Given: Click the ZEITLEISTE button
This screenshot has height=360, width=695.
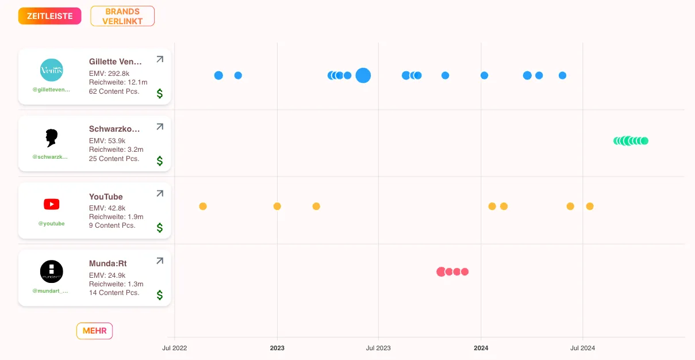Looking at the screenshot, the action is [x=49, y=16].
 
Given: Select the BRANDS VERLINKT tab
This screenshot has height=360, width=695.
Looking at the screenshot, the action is [x=122, y=16].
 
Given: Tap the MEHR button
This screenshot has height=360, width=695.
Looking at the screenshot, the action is [x=95, y=331].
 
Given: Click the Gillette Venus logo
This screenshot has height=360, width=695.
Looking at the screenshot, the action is [x=52, y=70].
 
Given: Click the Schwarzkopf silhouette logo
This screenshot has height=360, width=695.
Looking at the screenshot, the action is [x=52, y=137].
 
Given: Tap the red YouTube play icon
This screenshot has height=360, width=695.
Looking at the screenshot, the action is [x=52, y=204].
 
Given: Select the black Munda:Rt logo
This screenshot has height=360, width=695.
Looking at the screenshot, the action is [x=52, y=271].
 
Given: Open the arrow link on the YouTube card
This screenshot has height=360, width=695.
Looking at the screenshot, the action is [x=160, y=194].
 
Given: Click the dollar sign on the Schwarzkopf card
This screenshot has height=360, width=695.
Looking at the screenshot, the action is [x=160, y=161].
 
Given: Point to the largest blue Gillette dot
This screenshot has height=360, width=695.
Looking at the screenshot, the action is [x=363, y=75].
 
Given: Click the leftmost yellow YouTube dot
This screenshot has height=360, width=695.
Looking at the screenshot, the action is [x=203, y=206].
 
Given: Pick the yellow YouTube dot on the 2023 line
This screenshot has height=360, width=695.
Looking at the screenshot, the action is [x=277, y=206].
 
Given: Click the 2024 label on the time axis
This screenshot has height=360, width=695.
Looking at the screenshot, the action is [x=481, y=348].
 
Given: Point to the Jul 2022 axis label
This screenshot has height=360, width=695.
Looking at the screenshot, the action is [x=174, y=348].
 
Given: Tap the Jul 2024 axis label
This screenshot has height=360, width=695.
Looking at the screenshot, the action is [x=582, y=348].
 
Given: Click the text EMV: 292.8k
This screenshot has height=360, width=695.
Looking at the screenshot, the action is [x=109, y=74].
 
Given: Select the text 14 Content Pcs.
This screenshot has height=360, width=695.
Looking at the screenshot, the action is [x=114, y=293].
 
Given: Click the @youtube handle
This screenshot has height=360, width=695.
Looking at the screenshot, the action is [x=52, y=224].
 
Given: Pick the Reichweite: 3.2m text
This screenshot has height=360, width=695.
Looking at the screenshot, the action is [x=116, y=150].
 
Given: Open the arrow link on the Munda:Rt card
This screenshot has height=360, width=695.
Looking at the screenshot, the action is [x=160, y=261].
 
